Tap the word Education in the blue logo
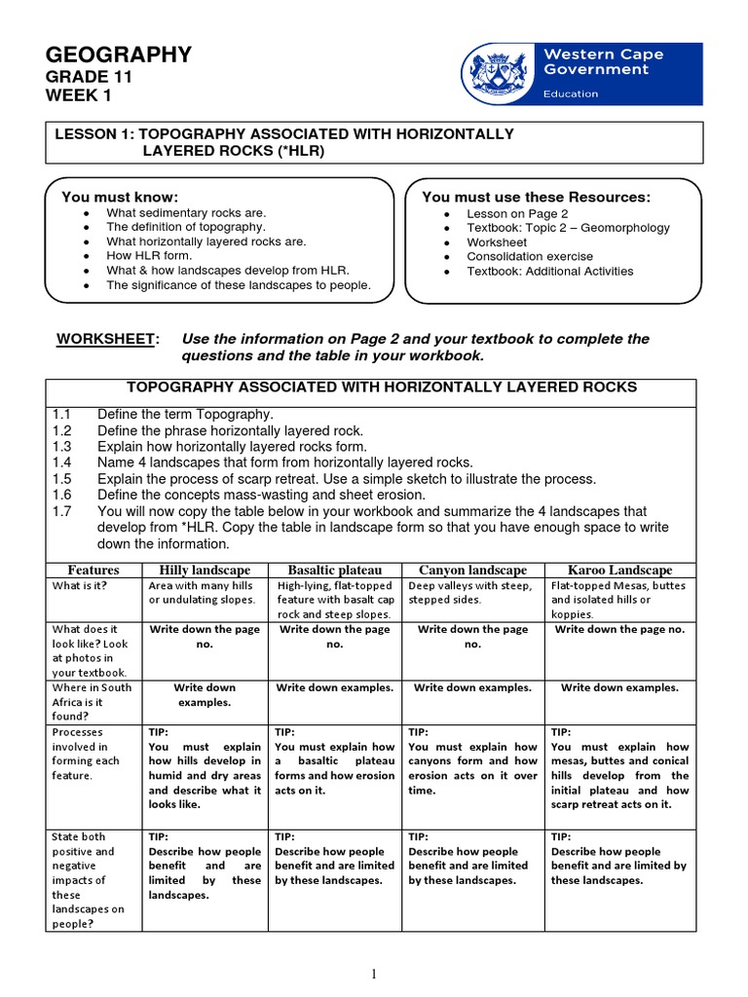(572, 94)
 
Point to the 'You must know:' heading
(120, 197)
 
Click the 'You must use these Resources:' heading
(536, 197)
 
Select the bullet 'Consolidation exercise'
(527, 257)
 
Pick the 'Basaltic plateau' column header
(335, 570)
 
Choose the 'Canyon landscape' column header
(472, 570)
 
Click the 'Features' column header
(93, 570)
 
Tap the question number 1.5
(62, 479)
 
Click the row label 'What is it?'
(80, 586)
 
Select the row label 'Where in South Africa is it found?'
(92, 702)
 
